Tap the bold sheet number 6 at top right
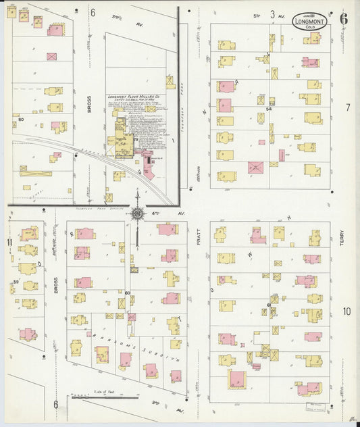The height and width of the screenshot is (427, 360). [344, 18]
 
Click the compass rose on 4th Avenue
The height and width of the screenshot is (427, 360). [137, 214]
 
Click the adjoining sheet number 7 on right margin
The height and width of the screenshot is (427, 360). [348, 107]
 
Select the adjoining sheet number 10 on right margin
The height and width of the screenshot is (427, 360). [346, 311]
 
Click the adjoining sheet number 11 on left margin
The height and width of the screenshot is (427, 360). [10, 243]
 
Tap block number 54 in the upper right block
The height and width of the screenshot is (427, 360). [268, 108]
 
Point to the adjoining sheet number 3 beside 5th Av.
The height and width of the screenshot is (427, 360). [272, 14]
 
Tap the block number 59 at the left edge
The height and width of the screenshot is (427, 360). [15, 281]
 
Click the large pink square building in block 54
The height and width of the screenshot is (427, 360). [255, 167]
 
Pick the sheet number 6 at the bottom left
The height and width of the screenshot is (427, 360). [56, 404]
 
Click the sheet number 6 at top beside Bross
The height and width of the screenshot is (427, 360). [93, 12]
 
